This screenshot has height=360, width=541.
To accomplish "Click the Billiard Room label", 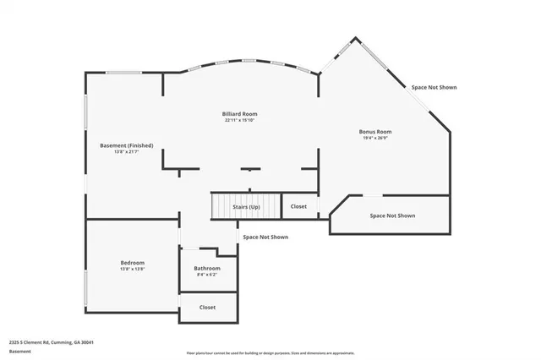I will click(239, 112).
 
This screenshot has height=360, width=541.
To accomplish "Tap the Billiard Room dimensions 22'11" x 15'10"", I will click(239, 120).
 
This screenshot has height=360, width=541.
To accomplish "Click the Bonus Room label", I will click(375, 132).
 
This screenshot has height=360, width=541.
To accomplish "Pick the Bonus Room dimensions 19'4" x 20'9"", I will click(375, 139).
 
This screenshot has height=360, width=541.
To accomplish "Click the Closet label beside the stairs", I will click(298, 206).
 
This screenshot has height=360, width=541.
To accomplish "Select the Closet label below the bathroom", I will click(207, 308).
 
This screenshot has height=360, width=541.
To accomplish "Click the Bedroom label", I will click(132, 263).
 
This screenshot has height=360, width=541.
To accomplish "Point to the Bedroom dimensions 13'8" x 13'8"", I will click(132, 270).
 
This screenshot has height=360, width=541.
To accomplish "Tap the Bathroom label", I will click(207, 268).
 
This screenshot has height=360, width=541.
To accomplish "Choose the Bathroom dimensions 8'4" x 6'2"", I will click(207, 275).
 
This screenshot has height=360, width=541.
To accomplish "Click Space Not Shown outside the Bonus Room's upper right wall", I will click(434, 87).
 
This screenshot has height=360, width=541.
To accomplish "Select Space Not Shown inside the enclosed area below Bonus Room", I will click(392, 215).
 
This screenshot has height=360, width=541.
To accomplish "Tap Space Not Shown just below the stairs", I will click(265, 237).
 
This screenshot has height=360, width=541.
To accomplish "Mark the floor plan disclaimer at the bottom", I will click(270, 353).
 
